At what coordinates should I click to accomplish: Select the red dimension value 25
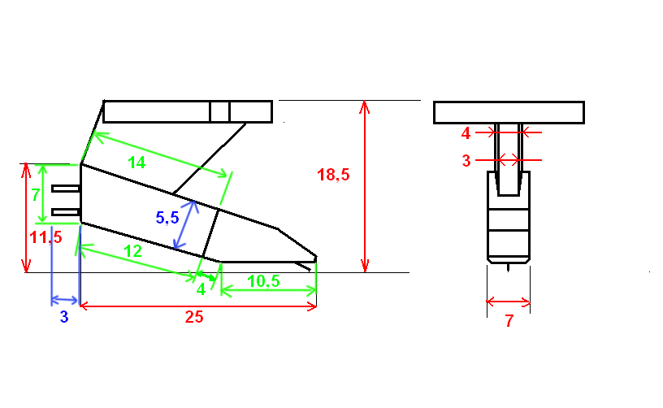[x=193, y=318]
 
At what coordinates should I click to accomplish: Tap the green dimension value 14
[x=136, y=163]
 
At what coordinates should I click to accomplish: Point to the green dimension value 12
[x=133, y=251]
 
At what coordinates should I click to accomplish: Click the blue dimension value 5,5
[x=167, y=217]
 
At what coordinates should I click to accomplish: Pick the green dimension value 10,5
[x=264, y=280]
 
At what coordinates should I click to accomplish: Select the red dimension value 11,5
[x=45, y=238]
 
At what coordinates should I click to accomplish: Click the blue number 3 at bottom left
[x=64, y=318]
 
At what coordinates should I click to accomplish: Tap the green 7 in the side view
[x=36, y=195]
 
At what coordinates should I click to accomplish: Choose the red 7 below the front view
[x=509, y=320]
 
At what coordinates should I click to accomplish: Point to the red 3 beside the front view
[x=466, y=161]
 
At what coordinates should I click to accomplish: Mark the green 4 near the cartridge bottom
[x=200, y=289]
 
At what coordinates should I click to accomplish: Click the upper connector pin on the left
[x=66, y=189]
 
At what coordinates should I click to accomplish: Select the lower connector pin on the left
[x=66, y=213]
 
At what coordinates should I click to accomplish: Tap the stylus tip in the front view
[x=509, y=267]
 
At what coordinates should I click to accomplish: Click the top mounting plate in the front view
[x=509, y=112]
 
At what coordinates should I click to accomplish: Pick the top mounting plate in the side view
[x=188, y=111]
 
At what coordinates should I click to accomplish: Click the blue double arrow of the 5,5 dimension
[x=184, y=225]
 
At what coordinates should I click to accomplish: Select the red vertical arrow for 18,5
[x=366, y=186]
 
